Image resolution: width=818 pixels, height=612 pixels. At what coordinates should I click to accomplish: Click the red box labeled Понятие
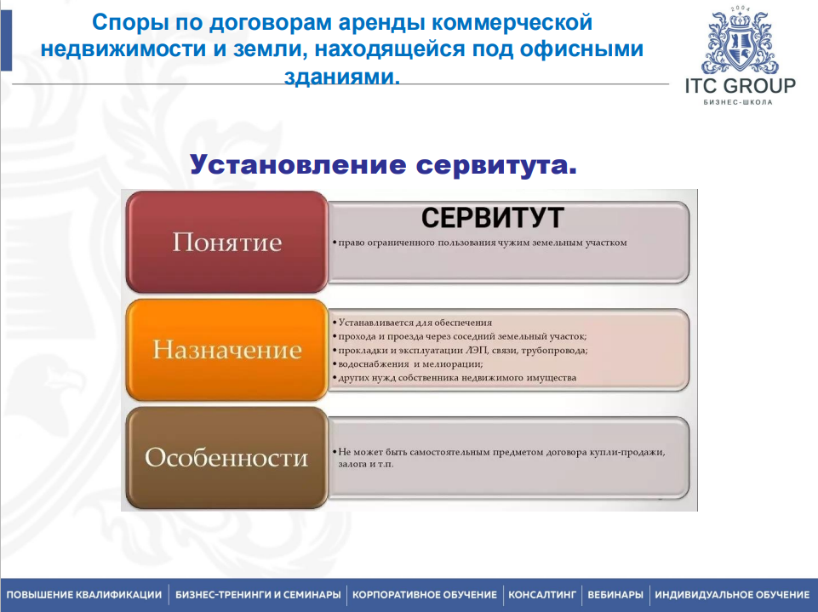point(227,242)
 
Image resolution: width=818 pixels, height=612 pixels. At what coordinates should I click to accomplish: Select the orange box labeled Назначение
point(227,350)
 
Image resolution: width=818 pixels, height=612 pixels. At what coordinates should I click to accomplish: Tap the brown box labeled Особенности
point(227,458)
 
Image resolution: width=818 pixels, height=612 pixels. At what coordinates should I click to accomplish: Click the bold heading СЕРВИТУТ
point(493,218)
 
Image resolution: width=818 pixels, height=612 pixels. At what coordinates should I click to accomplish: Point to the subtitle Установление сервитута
point(383,164)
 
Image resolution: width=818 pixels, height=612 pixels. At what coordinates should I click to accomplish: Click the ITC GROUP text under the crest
point(741,86)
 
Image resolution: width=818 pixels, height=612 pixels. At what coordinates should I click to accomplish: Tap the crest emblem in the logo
point(740,40)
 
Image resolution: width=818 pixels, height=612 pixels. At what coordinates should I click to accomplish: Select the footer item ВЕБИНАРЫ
point(615,595)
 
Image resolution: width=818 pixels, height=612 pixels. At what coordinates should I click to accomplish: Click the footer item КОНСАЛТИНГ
point(542,595)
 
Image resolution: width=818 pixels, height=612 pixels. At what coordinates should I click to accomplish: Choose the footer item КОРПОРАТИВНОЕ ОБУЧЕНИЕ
point(425,595)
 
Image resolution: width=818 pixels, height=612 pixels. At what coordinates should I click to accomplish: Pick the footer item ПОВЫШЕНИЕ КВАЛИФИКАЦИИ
point(84,595)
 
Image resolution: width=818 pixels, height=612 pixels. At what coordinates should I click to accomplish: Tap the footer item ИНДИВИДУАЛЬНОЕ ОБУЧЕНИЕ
point(732,595)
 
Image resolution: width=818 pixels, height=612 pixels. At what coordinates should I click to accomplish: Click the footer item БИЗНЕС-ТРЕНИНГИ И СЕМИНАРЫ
point(258,595)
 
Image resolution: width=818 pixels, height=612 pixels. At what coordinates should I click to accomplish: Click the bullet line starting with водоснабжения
point(408,364)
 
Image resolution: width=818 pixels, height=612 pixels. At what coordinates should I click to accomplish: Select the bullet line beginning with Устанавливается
point(413,323)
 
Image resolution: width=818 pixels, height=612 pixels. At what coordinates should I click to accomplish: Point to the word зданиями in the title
point(342,77)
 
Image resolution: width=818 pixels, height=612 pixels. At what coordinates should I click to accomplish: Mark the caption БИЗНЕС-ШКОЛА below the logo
point(738,102)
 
